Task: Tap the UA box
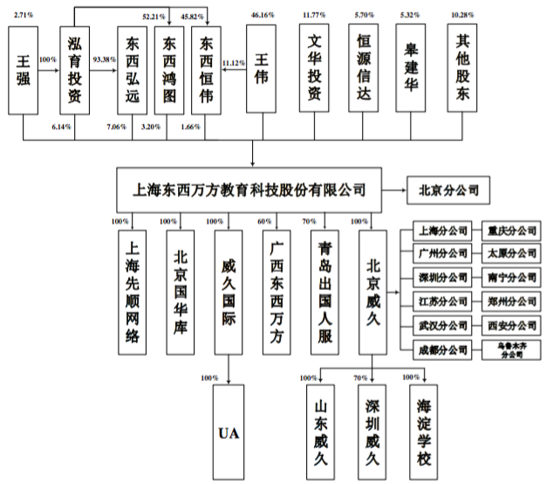coord(229,433)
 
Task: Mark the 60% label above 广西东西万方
coord(263,221)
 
